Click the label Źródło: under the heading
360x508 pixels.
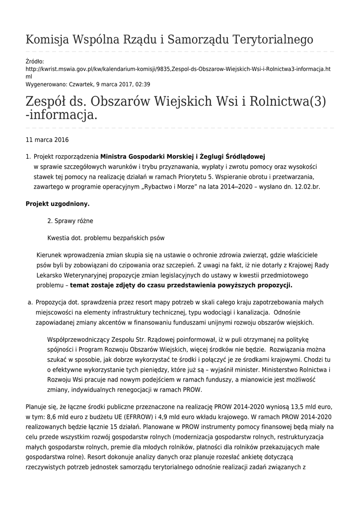[x=35, y=61]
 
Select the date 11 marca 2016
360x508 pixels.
[x=47, y=140]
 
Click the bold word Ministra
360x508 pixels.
[x=116, y=157]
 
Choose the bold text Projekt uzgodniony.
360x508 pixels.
[x=58, y=204]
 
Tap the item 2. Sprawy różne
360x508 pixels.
[x=70, y=221]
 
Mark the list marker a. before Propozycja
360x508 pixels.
[x=30, y=302]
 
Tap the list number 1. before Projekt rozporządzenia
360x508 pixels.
[x=28, y=157]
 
